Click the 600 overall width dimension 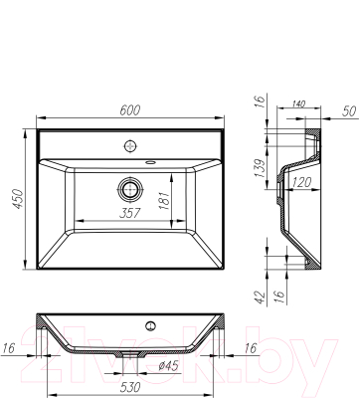click(x=130, y=112)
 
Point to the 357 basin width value click(x=129, y=212)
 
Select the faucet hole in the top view click(x=130, y=146)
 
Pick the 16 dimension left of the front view click(x=9, y=347)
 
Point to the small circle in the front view click(x=151, y=325)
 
